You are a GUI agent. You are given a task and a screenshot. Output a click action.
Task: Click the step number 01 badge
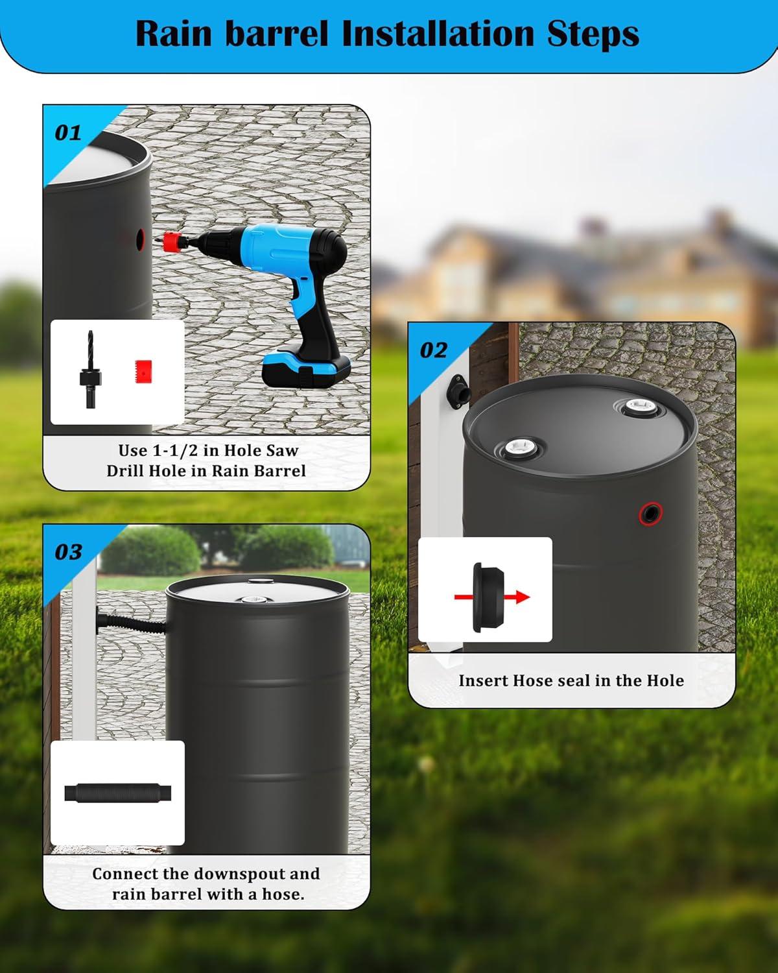68,133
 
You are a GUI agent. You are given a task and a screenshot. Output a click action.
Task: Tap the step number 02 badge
433,351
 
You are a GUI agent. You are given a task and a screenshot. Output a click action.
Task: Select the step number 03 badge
68,553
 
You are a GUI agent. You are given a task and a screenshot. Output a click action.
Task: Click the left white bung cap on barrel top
519,448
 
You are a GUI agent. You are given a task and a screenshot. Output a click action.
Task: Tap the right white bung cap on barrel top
636,409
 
